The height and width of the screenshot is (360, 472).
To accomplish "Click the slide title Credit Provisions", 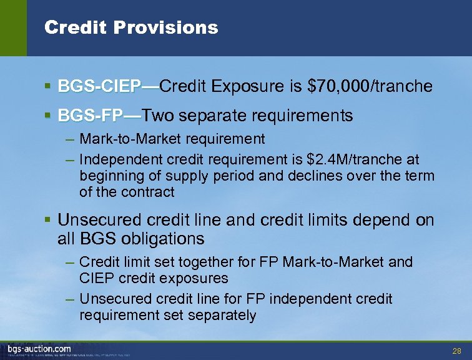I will pos(131,27).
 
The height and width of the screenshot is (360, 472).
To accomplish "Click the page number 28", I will pos(456,351).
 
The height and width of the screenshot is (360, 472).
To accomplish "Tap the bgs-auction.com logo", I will pos(39,348).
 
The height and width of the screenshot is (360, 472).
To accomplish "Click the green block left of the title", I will pos(13,27).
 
